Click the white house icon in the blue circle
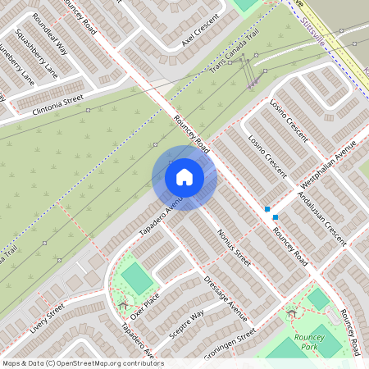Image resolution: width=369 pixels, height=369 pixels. pyautogui.click(x=184, y=176)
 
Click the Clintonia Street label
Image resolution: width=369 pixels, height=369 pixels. pyautogui.click(x=58, y=104)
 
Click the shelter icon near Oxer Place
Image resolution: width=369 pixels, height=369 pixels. pyautogui.click(x=123, y=306)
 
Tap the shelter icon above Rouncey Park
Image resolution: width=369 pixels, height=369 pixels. pyautogui.click(x=291, y=312)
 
